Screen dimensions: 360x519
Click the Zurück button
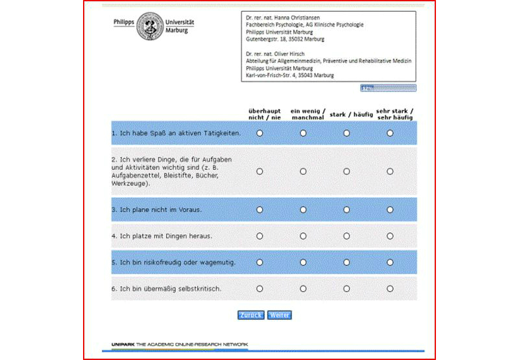pyautogui.click(x=250, y=315)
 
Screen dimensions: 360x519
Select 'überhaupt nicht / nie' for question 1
pyautogui.click(x=259, y=133)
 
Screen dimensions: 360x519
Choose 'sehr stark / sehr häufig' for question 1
pyautogui.click(x=390, y=133)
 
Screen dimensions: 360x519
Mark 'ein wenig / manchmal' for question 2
pyautogui.click(x=303, y=171)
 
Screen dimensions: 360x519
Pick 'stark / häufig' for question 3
pyautogui.click(x=346, y=210)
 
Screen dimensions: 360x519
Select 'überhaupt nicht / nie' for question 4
pyautogui.click(x=259, y=236)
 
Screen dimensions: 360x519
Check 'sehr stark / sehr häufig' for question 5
pyautogui.click(x=390, y=262)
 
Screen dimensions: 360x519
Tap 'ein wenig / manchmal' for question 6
pyautogui.click(x=303, y=288)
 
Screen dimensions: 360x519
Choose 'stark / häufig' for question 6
pyautogui.click(x=346, y=288)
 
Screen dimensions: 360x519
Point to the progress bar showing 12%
pyautogui.click(x=388, y=88)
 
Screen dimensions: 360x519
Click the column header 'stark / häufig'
pyautogui.click(x=351, y=115)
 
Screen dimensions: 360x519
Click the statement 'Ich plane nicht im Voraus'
pyautogui.click(x=156, y=210)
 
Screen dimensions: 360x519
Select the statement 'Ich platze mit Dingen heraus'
pyautogui.click(x=162, y=236)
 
